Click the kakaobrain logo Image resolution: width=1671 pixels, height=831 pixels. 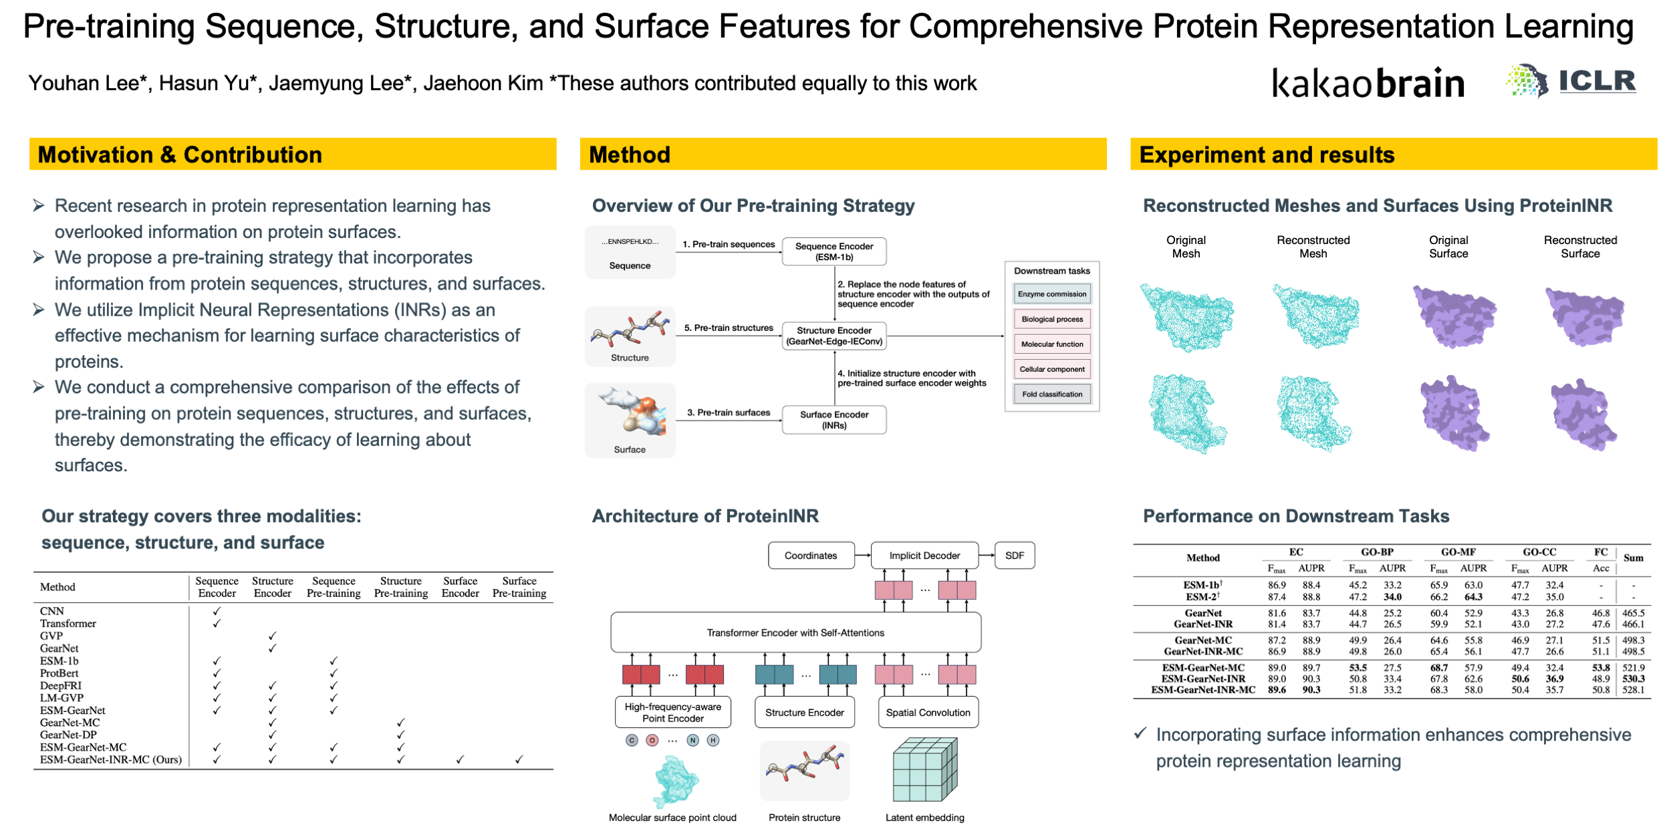tap(1368, 84)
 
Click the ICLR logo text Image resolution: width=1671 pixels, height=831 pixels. tap(1597, 82)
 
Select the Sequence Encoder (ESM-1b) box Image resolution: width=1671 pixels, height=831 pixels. tap(833, 251)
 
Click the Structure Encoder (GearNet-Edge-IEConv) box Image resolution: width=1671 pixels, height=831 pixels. tap(833, 336)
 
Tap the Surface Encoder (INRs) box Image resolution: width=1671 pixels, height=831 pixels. tap(833, 420)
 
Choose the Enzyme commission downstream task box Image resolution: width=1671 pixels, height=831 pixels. tap(1051, 294)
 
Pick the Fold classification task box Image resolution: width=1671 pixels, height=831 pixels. tap(1051, 394)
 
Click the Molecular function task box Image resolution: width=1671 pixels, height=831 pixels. tap(1051, 344)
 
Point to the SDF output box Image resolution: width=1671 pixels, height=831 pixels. tap(1014, 556)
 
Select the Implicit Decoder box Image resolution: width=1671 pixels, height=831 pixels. tap(924, 556)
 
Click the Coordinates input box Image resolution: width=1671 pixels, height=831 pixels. tap(810, 556)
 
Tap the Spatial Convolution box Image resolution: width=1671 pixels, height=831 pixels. tap(927, 713)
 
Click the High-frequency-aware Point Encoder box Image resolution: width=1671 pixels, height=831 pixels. tap(672, 713)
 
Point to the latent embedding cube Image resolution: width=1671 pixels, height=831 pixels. tap(924, 769)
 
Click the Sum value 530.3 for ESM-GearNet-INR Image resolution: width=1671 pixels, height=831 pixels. tap(1633, 679)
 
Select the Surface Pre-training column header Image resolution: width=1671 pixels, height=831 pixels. tap(519, 587)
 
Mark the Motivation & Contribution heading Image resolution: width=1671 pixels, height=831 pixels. tap(180, 154)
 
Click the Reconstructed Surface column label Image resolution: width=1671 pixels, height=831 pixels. tap(1579, 247)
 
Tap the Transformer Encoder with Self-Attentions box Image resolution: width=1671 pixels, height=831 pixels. tap(795, 632)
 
